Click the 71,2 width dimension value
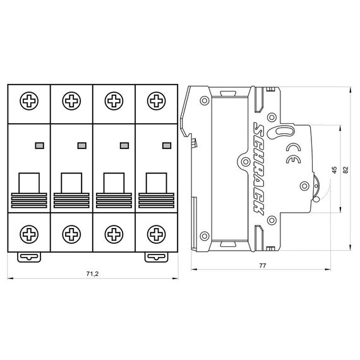click(x=92, y=274)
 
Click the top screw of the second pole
click(x=71, y=100)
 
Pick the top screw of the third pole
click(x=113, y=100)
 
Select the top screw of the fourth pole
click(x=155, y=100)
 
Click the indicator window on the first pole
click(x=39, y=145)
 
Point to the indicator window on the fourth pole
click(x=166, y=145)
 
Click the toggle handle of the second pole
click(x=71, y=184)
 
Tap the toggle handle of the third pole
click(x=113, y=184)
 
